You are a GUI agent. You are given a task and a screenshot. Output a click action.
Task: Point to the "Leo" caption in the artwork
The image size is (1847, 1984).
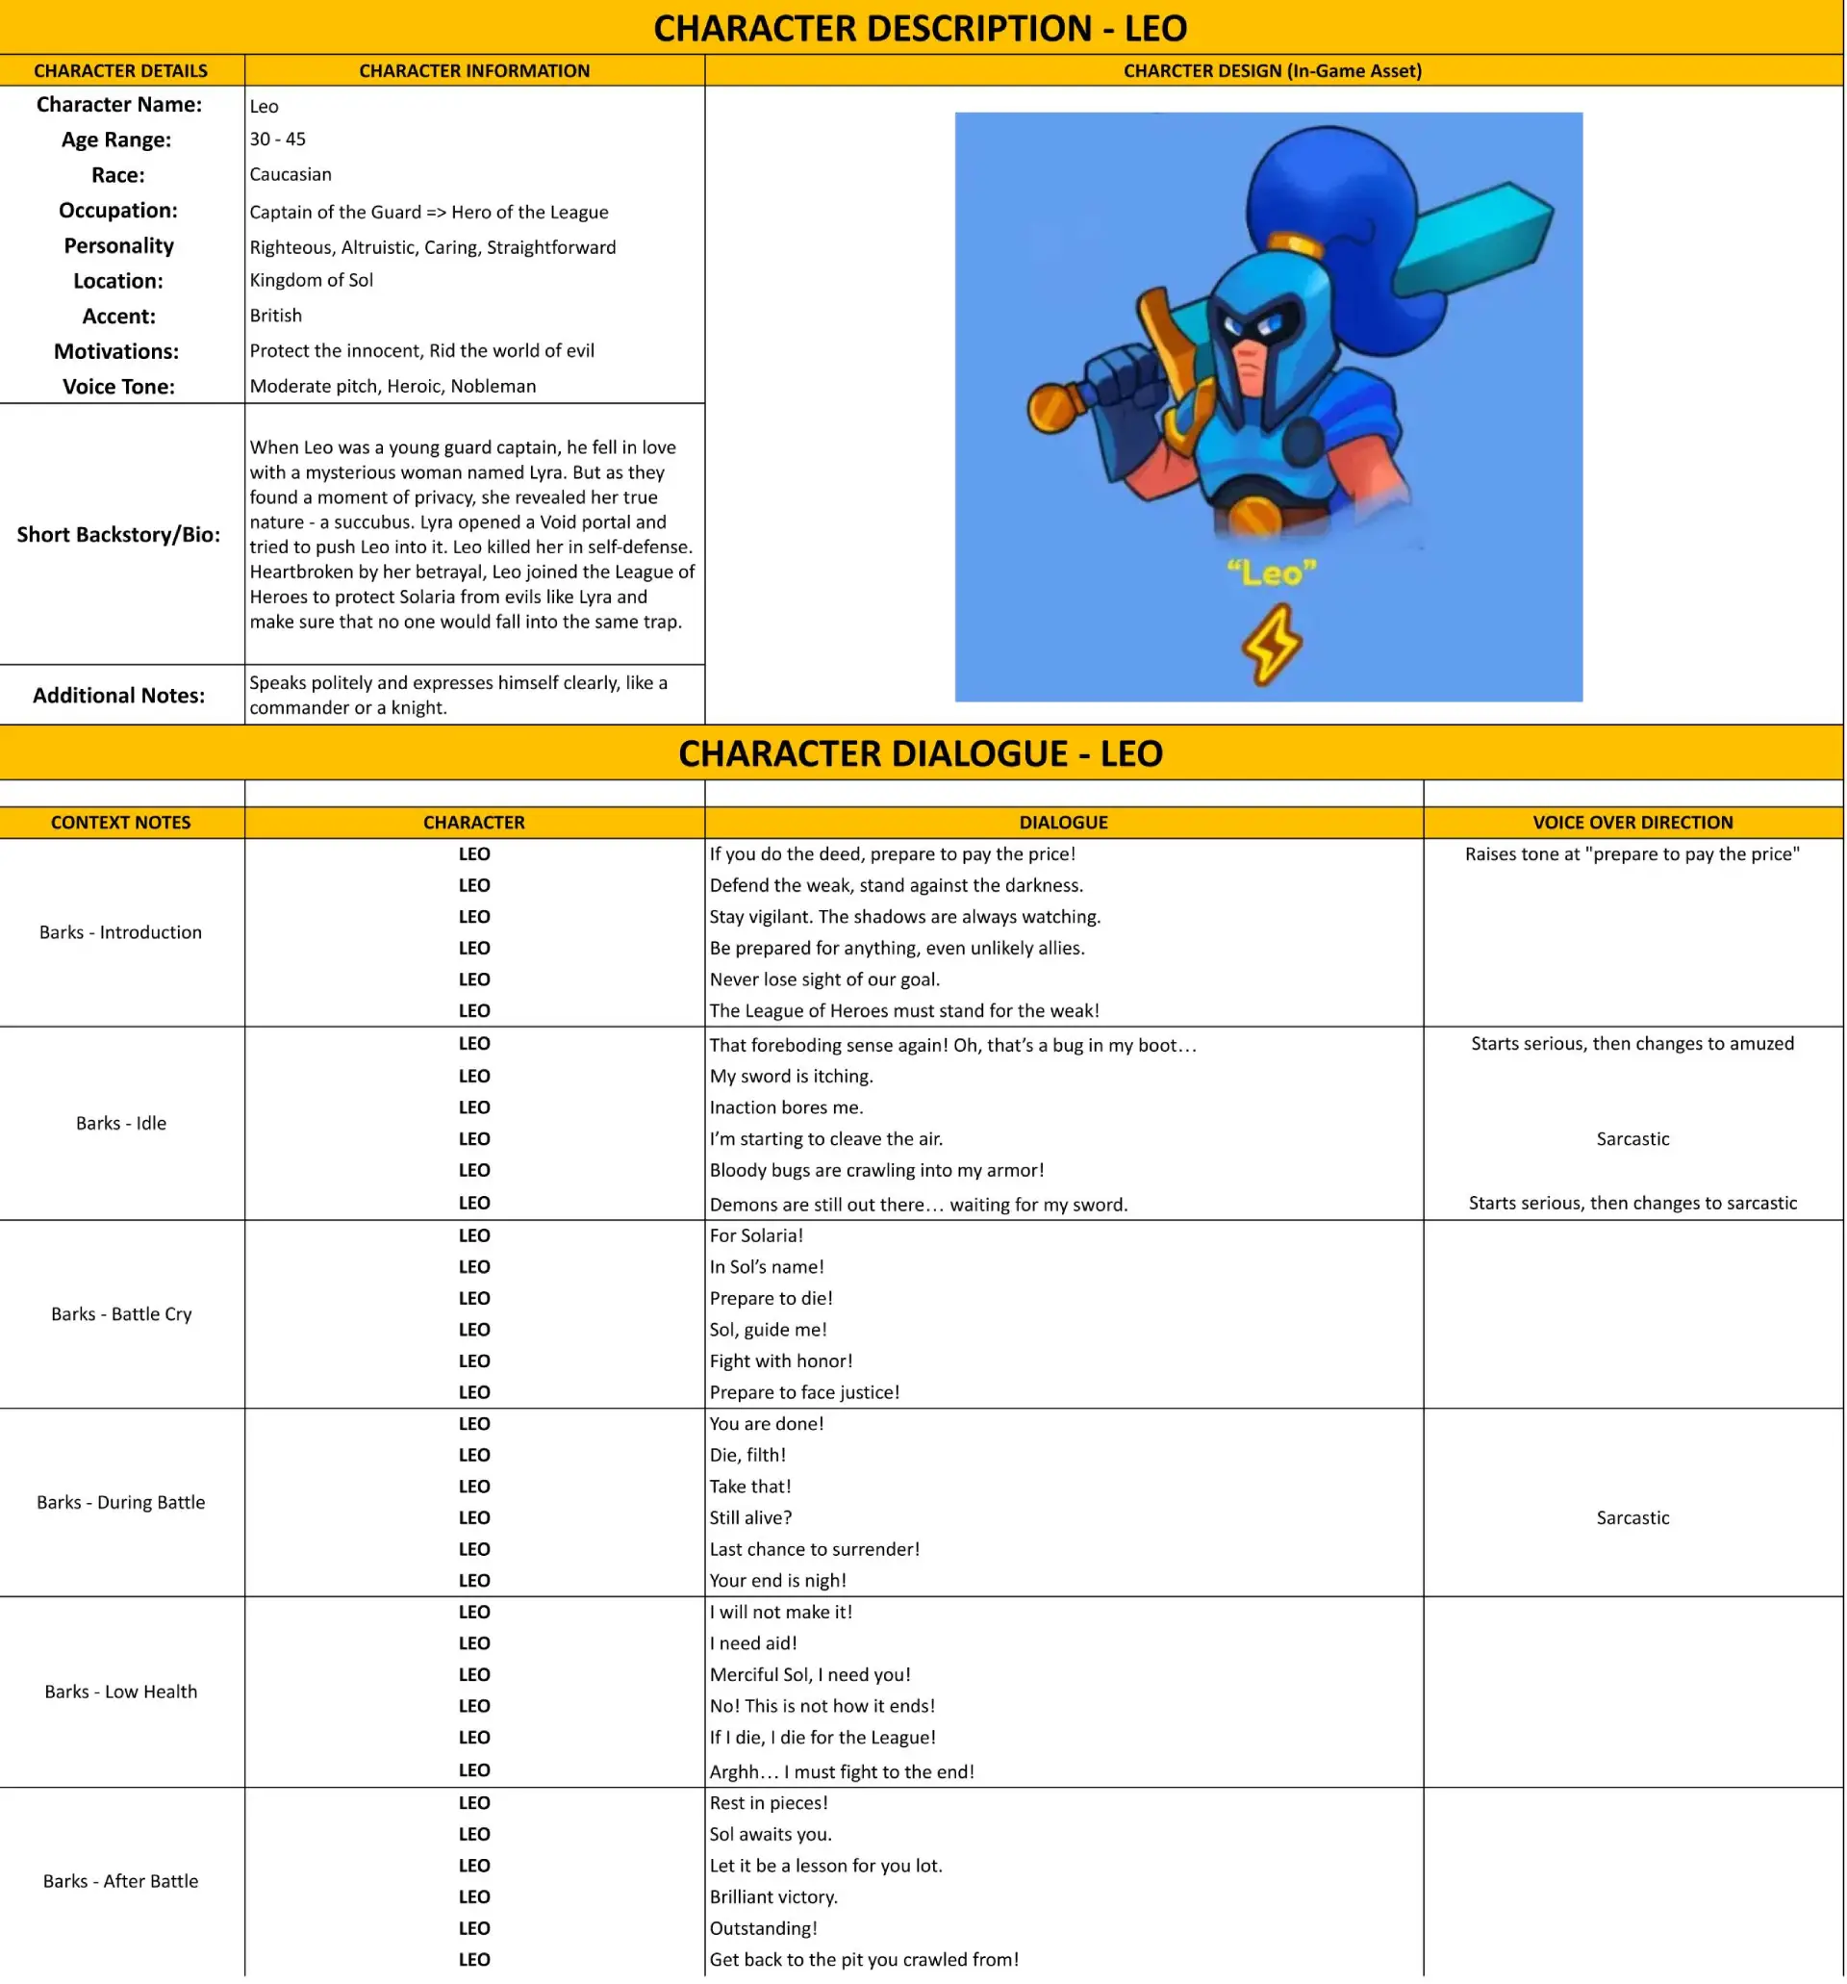1271,572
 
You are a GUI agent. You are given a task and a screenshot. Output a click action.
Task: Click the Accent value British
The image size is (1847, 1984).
275,316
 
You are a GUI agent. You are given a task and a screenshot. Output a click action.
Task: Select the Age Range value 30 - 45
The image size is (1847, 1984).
277,140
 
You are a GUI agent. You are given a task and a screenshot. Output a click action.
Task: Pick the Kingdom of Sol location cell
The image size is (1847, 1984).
312,280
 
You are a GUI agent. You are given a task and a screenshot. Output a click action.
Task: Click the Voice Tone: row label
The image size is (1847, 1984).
118,387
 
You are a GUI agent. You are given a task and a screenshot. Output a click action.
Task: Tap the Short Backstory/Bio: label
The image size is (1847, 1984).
118,535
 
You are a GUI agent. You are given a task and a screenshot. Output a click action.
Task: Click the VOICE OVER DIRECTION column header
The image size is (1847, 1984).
1632,823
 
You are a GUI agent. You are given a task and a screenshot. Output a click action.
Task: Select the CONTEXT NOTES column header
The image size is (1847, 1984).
121,823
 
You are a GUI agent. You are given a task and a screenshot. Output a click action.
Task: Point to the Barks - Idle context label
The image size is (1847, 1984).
121,1123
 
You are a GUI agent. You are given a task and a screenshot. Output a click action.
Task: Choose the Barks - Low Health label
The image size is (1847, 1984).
121,1691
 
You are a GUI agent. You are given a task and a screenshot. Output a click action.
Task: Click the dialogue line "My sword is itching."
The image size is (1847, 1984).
792,1076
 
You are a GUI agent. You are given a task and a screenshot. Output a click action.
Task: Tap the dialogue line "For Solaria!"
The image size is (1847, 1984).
756,1235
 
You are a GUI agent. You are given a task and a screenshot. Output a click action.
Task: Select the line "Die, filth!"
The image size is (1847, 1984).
747,1455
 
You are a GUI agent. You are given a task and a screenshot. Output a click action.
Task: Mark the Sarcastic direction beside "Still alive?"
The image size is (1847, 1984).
1632,1518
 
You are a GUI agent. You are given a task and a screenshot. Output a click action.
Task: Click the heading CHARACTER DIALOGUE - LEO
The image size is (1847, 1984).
920,753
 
